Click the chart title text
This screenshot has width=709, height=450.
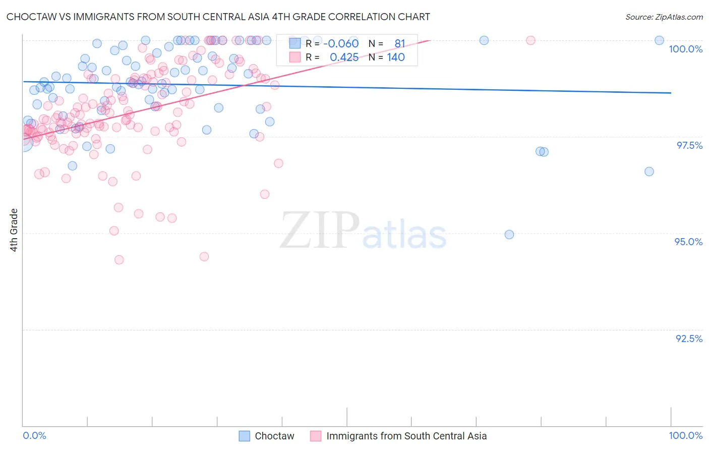pyautogui.click(x=218, y=17)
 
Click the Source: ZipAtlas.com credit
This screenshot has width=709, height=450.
pyautogui.click(x=664, y=17)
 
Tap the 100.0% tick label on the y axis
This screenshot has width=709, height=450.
pyautogui.click(x=685, y=49)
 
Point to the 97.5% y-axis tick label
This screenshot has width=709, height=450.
pyautogui.click(x=689, y=145)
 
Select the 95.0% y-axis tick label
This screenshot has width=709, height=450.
pyautogui.click(x=688, y=242)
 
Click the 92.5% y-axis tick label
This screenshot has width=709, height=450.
pyautogui.click(x=689, y=339)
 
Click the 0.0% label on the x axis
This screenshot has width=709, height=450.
pyautogui.click(x=34, y=435)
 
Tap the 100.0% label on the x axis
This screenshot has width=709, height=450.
pyautogui.click(x=685, y=435)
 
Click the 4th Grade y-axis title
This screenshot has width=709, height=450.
pyautogui.click(x=14, y=230)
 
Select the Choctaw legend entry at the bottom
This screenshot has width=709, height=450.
pyautogui.click(x=274, y=436)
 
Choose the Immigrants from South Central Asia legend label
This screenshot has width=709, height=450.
pyautogui.click(x=406, y=436)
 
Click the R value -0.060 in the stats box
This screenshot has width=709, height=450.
pyautogui.click(x=341, y=43)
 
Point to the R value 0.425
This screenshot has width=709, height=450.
pyautogui.click(x=344, y=57)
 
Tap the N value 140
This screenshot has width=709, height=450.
pyautogui.click(x=396, y=57)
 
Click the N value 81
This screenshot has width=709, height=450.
pyautogui.click(x=399, y=43)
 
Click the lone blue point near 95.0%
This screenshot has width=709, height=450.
pyautogui.click(x=509, y=235)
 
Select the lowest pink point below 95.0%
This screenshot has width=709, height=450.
pyautogui.click(x=119, y=260)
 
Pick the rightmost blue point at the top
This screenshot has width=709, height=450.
pyautogui.click(x=659, y=40)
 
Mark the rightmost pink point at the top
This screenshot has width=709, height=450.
pyautogui.click(x=530, y=40)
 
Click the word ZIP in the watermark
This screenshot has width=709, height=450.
pyautogui.click(x=320, y=231)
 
